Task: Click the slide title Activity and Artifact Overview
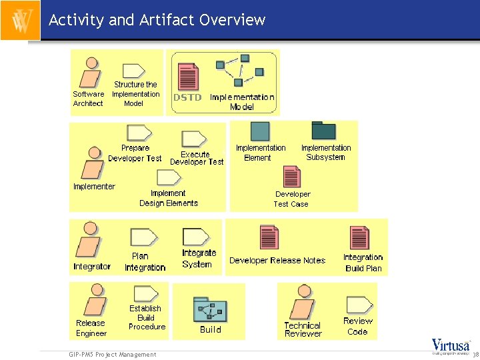tap(157, 20)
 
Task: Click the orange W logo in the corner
tap(20, 20)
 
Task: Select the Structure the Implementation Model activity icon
tap(135, 71)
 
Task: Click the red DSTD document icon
tap(187, 76)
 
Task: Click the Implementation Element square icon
tap(260, 131)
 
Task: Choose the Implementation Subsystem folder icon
tap(324, 131)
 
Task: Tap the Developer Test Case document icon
tap(291, 177)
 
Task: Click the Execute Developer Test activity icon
tap(195, 139)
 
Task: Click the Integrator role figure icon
tap(87, 240)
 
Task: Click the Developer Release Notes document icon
tap(269, 238)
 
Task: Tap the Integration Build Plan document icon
tap(359, 238)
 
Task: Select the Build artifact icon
tap(209, 308)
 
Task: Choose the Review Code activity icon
tap(359, 305)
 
